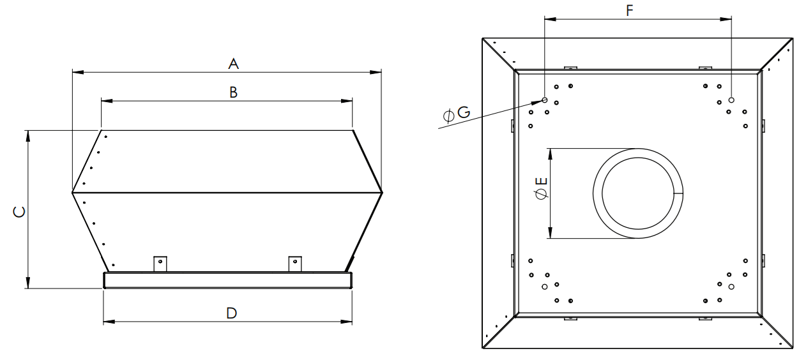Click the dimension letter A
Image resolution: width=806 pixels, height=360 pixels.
click(x=233, y=64)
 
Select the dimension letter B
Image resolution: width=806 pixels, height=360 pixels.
click(x=233, y=93)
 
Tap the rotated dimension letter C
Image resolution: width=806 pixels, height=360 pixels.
click(x=19, y=212)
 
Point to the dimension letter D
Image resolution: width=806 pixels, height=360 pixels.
click(x=232, y=313)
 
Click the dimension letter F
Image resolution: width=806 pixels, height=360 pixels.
click(x=629, y=10)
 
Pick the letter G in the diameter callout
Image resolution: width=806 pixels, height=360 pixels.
click(x=464, y=112)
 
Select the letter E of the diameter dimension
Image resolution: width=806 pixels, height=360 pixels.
click(x=542, y=181)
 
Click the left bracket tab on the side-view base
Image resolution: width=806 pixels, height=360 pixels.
click(x=160, y=264)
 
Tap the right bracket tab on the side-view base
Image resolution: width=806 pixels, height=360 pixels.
click(x=295, y=264)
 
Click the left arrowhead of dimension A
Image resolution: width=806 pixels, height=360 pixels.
click(x=78, y=72)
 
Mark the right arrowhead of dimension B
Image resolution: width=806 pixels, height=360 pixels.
click(x=347, y=101)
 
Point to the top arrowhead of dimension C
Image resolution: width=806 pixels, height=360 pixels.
click(x=27, y=136)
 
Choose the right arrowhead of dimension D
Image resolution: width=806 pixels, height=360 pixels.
click(x=347, y=322)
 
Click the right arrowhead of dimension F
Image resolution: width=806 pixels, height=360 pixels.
click(x=726, y=19)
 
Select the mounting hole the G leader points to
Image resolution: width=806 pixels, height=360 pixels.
click(x=544, y=100)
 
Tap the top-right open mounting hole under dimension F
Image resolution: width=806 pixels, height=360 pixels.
click(x=731, y=100)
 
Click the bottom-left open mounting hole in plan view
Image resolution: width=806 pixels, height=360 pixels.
click(x=544, y=287)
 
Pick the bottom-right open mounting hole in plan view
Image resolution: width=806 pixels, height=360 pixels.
click(x=731, y=287)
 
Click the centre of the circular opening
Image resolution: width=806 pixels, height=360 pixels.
click(x=638, y=193)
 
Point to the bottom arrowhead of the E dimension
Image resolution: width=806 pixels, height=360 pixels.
click(x=550, y=233)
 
